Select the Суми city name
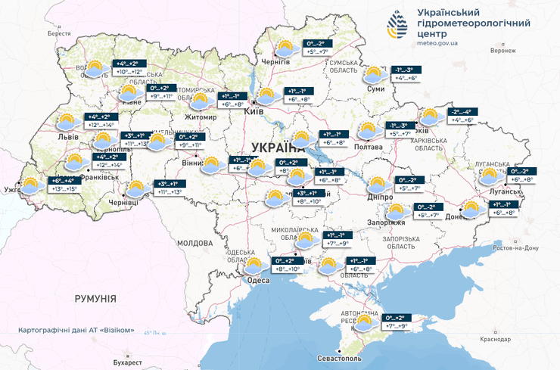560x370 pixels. (375, 89)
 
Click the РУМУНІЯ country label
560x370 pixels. (95, 300)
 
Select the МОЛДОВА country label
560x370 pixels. (194, 244)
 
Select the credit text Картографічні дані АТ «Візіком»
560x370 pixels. (76, 331)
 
